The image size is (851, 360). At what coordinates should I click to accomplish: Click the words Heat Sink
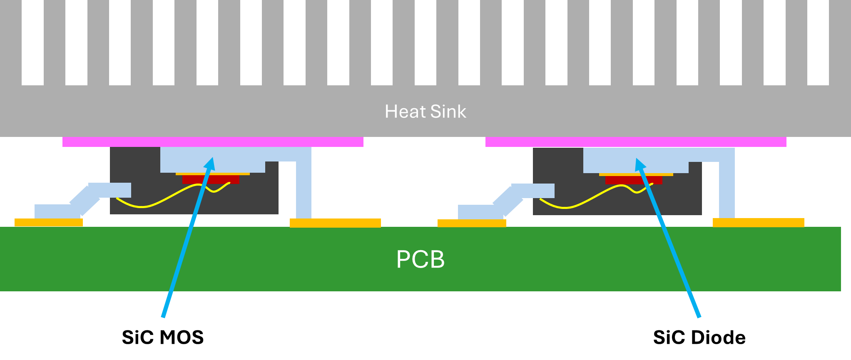(x=425, y=112)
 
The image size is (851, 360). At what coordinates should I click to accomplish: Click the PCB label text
(x=420, y=259)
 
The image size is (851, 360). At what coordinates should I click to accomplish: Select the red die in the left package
(x=192, y=179)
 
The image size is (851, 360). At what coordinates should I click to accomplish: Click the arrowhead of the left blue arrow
(x=211, y=162)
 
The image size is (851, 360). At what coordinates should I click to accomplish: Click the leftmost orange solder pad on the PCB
(x=49, y=223)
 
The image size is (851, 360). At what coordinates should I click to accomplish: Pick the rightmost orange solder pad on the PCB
(x=758, y=223)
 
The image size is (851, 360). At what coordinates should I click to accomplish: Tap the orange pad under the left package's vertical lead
(x=335, y=223)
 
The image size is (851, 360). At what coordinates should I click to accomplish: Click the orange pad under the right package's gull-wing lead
(x=472, y=223)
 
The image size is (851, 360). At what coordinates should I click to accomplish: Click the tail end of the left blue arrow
(x=164, y=316)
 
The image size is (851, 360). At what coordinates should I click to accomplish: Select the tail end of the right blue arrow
(x=699, y=316)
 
